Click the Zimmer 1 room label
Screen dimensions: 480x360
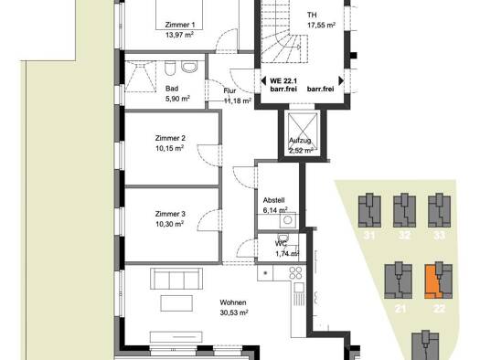[180, 25]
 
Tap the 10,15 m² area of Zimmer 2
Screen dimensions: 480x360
[169, 148]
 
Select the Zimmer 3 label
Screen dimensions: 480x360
[170, 214]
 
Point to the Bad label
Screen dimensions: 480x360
[172, 89]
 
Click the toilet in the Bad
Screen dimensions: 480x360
[169, 69]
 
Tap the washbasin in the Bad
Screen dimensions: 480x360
[189, 67]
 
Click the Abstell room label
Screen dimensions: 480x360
[274, 200]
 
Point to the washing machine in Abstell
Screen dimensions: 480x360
[288, 220]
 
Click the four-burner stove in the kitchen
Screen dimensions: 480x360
[295, 273]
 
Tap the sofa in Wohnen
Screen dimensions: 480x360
[176, 279]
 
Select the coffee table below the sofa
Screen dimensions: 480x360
[176, 303]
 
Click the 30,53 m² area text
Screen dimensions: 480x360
[234, 312]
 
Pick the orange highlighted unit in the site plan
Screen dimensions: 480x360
[432, 282]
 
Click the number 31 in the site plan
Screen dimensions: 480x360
[369, 236]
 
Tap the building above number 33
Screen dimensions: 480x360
[439, 210]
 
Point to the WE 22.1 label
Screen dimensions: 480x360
[283, 81]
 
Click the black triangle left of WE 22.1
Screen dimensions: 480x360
[262, 81]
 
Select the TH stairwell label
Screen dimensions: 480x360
[312, 15]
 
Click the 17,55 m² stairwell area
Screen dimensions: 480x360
[321, 26]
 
